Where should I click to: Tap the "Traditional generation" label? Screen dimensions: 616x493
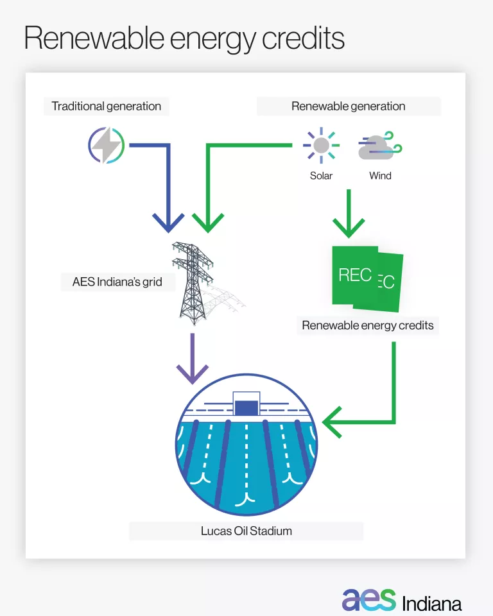(107, 107)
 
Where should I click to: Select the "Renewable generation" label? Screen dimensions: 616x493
(349, 107)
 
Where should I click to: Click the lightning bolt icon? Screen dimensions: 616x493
(106, 146)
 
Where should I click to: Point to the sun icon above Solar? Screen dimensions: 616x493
(321, 146)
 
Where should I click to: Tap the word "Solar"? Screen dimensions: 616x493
(321, 175)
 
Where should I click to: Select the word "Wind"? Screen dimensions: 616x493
(380, 175)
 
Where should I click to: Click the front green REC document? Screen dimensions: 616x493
(355, 276)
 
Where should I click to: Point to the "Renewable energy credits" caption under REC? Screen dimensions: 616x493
(368, 325)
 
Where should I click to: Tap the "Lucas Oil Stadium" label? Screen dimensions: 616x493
(246, 531)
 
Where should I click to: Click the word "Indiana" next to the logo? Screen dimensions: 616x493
(431, 604)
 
